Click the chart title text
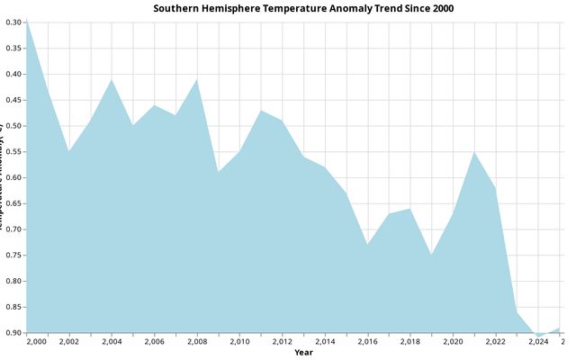click(x=303, y=8)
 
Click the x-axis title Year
click(x=303, y=352)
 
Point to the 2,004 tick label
click(x=112, y=342)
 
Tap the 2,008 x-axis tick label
click(x=197, y=342)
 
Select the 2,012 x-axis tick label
click(x=282, y=342)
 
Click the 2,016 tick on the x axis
click(x=367, y=342)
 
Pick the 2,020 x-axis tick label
click(x=453, y=342)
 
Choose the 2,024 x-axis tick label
click(x=538, y=342)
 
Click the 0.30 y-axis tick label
click(x=13, y=22)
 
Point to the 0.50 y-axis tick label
click(x=13, y=125)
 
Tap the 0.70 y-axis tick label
click(x=13, y=229)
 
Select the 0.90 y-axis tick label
click(x=13, y=333)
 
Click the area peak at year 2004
click(x=112, y=79)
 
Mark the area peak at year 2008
click(x=197, y=79)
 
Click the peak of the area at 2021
click(x=474, y=152)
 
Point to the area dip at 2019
click(x=431, y=255)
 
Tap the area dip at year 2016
click(x=367, y=245)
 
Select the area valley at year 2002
click(x=69, y=151)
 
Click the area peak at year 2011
click(x=261, y=111)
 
